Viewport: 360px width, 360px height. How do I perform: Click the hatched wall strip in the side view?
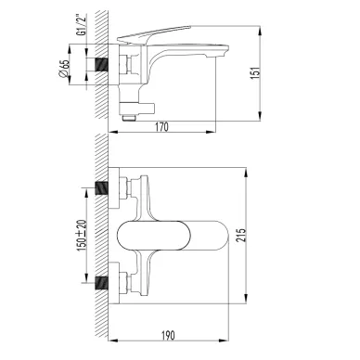[110, 65]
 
